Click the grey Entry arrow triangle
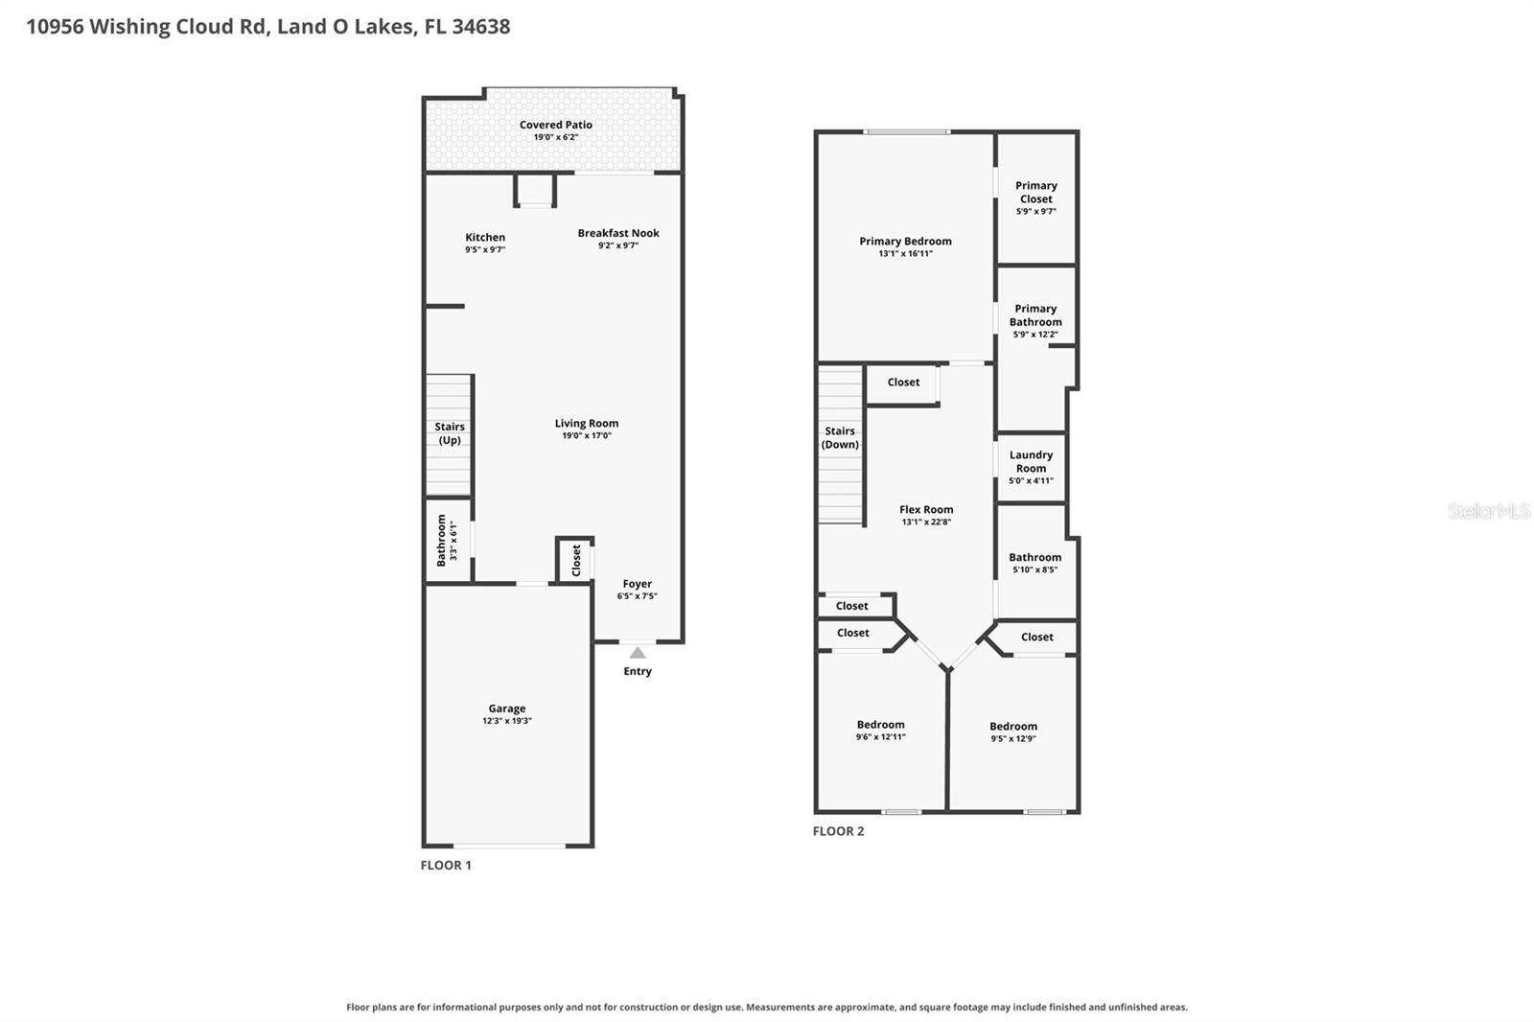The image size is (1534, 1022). click(x=638, y=652)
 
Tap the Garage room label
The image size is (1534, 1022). click(x=507, y=708)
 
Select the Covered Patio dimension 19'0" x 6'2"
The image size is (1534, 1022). click(x=556, y=137)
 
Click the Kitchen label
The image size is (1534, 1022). click(x=485, y=237)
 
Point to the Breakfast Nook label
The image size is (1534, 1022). click(x=618, y=233)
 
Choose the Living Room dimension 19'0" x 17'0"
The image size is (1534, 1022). click(x=587, y=435)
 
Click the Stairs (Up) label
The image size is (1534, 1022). click(x=450, y=433)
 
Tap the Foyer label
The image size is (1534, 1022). click(x=637, y=584)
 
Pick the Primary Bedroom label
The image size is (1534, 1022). click(x=905, y=241)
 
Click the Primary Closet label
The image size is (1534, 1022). click(x=1036, y=193)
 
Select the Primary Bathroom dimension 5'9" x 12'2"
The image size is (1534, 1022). click(x=1035, y=335)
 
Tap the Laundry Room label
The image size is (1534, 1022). click(x=1032, y=462)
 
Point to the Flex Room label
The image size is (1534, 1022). click(x=926, y=510)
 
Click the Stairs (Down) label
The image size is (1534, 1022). click(x=840, y=438)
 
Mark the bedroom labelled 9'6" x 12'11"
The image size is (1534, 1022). click(x=881, y=731)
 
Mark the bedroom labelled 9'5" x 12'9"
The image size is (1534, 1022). click(x=1013, y=732)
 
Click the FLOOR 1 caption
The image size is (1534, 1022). click(x=446, y=865)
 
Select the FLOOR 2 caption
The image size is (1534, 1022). click(x=838, y=831)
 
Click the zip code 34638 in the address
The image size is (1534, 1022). click(x=481, y=27)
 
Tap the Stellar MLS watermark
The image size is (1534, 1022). click(x=1489, y=510)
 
